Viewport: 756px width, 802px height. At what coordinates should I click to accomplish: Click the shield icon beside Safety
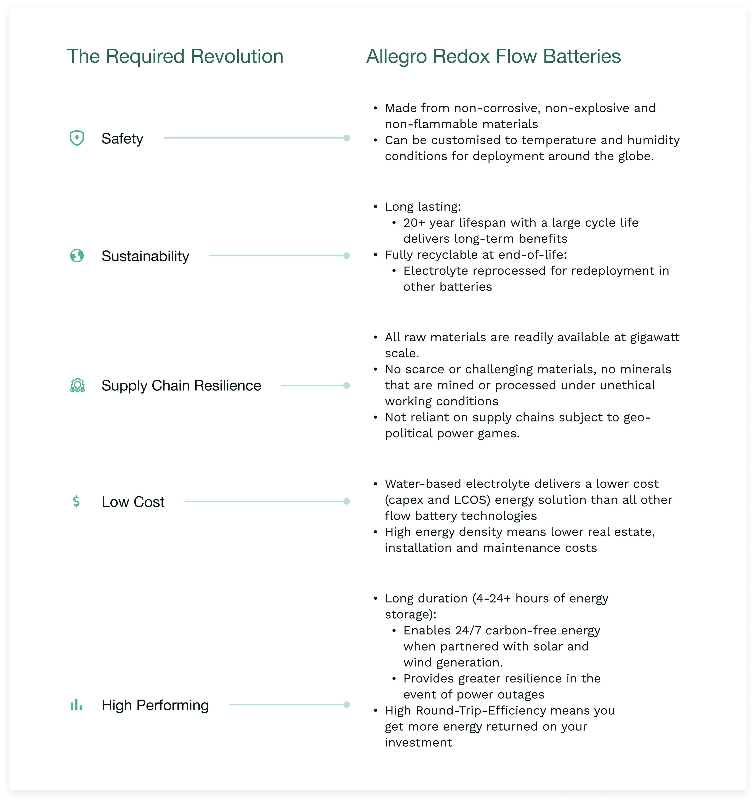pos(77,138)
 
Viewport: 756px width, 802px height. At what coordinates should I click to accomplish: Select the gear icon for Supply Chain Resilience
pos(77,385)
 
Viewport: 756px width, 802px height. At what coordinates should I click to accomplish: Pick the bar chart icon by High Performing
pos(76,705)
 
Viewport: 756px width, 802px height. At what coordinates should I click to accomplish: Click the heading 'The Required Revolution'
pos(175,56)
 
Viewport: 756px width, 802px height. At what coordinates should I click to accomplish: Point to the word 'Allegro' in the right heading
pos(396,56)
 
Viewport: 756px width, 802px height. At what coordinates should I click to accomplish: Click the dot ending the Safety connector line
pos(346,138)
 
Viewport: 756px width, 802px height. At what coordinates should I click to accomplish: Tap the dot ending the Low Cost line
pos(346,501)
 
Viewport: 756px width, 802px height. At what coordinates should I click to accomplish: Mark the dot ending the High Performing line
pos(346,705)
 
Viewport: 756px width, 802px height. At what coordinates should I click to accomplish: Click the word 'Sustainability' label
pos(145,256)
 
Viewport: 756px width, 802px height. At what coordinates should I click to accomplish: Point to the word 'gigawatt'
pos(655,337)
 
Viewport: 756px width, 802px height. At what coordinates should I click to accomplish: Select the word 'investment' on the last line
pos(418,742)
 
